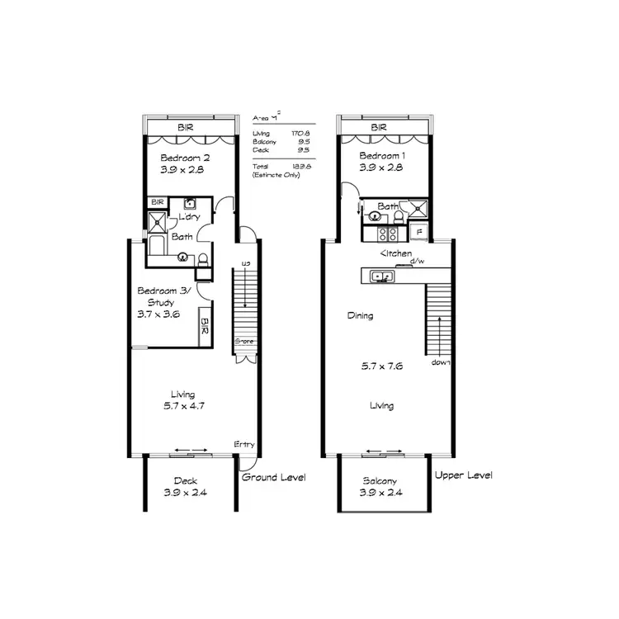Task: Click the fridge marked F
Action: [418, 231]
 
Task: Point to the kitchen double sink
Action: [382, 276]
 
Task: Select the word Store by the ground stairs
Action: [243, 340]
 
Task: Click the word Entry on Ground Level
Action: [244, 445]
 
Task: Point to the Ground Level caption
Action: [273, 478]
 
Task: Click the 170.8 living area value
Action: [299, 134]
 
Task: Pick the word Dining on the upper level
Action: [360, 315]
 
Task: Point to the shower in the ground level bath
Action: [157, 220]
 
